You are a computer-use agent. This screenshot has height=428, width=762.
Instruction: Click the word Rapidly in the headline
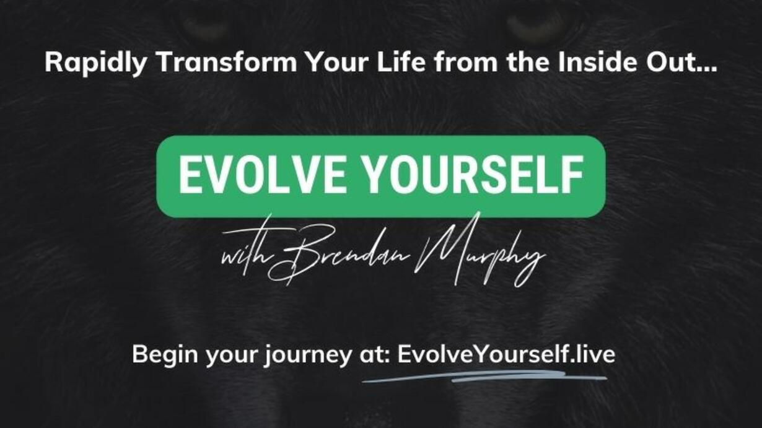click(95, 63)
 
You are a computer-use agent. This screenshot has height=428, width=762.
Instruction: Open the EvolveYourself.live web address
click(506, 354)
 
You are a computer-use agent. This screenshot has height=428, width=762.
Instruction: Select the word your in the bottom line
click(231, 357)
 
